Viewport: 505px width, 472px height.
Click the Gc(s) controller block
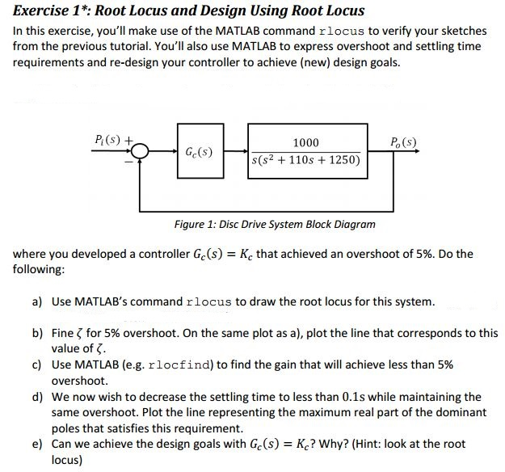click(x=199, y=151)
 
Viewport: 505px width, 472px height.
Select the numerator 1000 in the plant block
click(x=306, y=141)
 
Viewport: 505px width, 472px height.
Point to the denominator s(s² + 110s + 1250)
click(x=307, y=160)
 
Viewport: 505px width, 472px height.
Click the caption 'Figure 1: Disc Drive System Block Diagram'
click(x=275, y=224)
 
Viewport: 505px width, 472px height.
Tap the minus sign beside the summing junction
click(x=125, y=160)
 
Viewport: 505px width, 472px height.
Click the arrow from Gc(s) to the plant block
click(x=235, y=150)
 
